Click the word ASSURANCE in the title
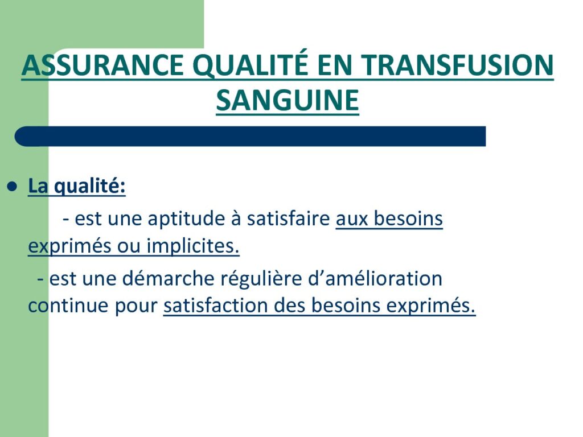[x=102, y=66]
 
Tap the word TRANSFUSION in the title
[x=457, y=66]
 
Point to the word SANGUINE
[x=288, y=101]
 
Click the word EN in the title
[x=335, y=66]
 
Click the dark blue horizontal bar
[x=251, y=137]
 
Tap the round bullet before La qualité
[x=13, y=186]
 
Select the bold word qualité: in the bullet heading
[x=90, y=187]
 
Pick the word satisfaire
[x=289, y=218]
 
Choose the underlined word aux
[x=352, y=219]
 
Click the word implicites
[x=193, y=246]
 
